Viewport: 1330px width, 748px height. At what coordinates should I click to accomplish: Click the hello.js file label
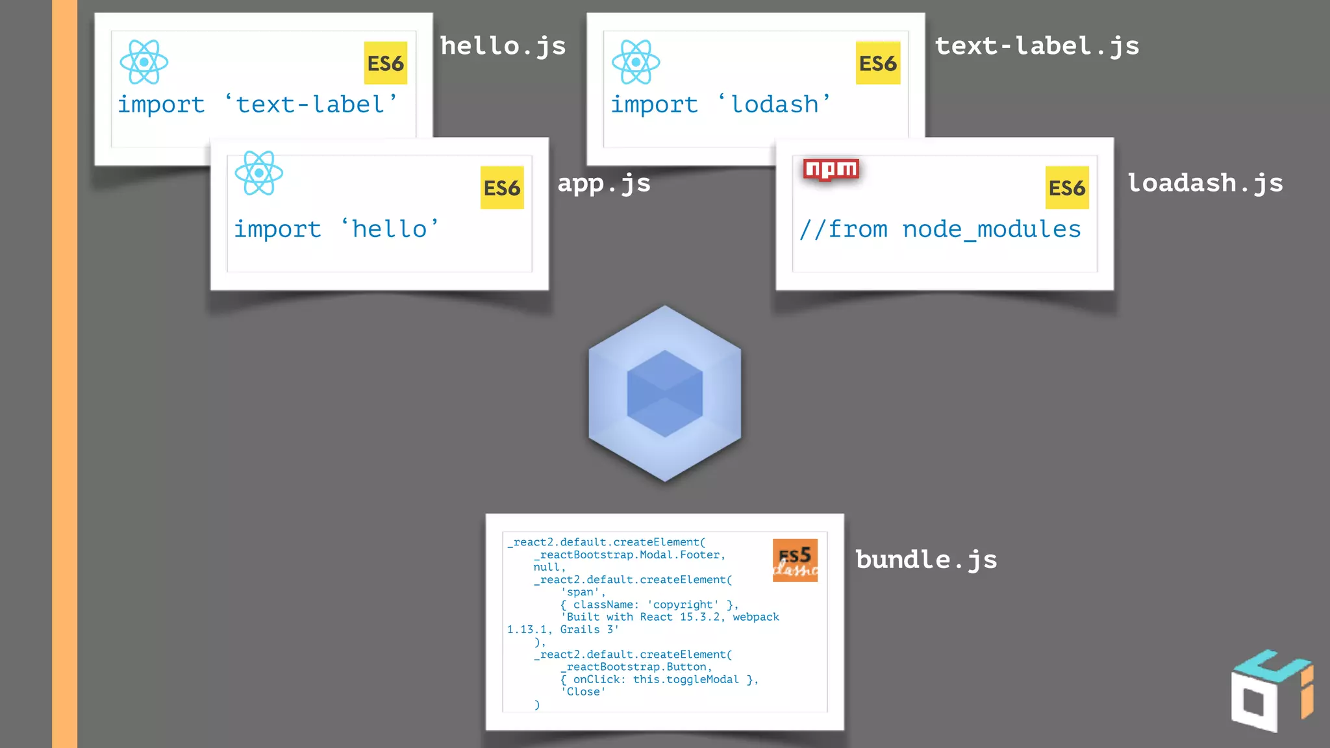503,47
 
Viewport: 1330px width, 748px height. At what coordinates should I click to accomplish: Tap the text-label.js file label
1036,47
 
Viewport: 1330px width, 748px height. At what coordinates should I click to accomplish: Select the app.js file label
604,184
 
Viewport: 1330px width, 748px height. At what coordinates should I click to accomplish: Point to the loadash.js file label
1205,184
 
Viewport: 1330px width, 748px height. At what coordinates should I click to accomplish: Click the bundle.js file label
926,560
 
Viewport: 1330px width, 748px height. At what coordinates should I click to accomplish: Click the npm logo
831,169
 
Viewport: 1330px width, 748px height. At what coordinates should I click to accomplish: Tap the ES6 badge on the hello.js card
386,63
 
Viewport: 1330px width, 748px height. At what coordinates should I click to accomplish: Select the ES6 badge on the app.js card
502,188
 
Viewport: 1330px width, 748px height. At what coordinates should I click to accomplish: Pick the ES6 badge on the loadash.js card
1067,188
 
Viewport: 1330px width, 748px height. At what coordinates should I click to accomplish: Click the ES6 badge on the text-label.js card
878,63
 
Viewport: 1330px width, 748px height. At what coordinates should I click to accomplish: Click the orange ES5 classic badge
795,560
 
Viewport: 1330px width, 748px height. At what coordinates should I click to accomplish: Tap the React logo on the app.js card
259,173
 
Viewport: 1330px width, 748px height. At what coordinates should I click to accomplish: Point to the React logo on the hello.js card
144,62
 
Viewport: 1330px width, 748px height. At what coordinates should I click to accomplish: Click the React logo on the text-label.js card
636,62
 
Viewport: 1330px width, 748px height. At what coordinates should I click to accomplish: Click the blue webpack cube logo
664,393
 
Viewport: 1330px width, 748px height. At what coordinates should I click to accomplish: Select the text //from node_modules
940,229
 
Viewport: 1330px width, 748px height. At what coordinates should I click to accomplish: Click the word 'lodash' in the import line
774,105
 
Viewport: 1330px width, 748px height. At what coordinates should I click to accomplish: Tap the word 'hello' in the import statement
390,229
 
